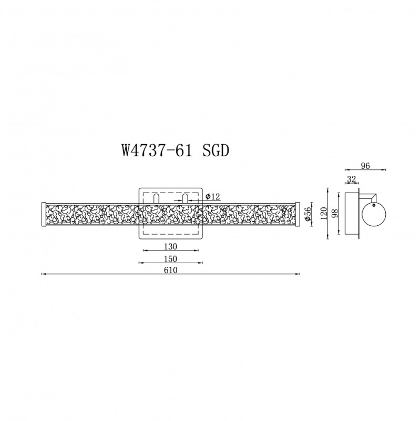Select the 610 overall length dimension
(171, 270)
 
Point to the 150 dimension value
(171, 258)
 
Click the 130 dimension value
(171, 246)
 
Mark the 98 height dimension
(335, 213)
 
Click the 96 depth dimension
(365, 165)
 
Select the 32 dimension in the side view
(351, 179)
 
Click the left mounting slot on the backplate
(157, 198)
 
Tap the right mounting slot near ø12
(185, 198)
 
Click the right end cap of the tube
(298, 214)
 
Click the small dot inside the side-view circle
(373, 208)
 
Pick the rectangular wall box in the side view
(350, 215)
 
